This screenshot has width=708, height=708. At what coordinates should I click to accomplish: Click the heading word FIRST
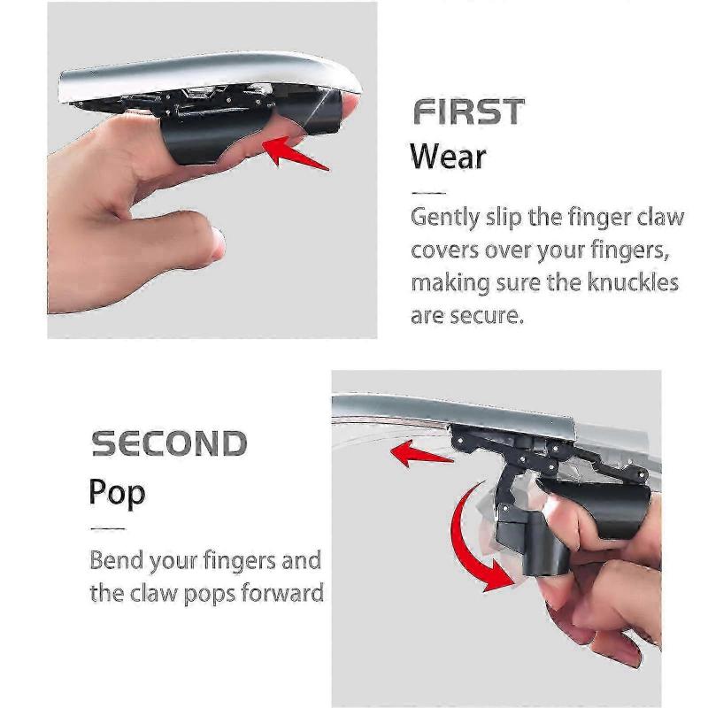pos(469,112)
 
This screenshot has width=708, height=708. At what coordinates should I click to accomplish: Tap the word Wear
pos(448,158)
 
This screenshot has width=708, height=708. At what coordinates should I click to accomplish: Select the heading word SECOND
pos(169,443)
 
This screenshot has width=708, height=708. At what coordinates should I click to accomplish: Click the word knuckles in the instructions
pos(632,283)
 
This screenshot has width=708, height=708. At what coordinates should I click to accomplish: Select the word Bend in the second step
pos(119,560)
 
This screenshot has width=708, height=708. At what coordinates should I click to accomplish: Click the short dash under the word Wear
pos(429,193)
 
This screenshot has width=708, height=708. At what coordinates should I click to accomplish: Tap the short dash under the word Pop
pos(108,528)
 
